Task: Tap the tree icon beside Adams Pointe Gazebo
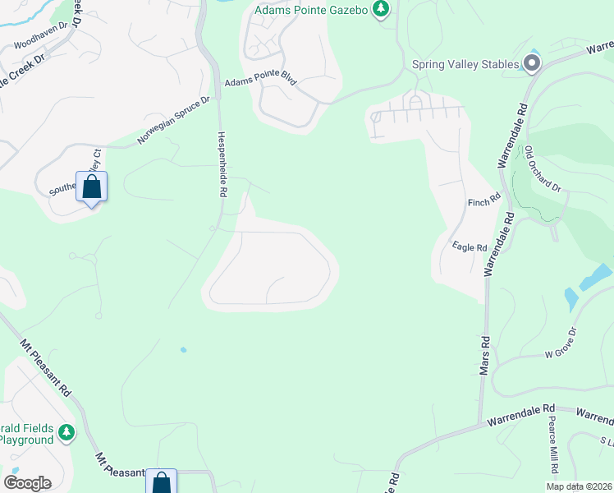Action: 380,9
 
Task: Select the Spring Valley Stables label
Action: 465,64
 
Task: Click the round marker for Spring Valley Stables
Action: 532,63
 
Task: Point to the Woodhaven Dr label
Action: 38,39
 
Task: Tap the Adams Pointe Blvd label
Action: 260,83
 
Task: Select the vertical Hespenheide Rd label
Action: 222,164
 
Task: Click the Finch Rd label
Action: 483,200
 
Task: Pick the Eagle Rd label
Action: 470,246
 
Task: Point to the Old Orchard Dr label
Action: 543,168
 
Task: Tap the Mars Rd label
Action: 485,356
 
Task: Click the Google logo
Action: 27,482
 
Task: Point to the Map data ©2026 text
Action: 579,486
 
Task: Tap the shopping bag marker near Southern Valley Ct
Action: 91,187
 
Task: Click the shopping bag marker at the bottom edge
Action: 161,482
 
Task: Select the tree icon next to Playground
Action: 66,432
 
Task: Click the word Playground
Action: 25,440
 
